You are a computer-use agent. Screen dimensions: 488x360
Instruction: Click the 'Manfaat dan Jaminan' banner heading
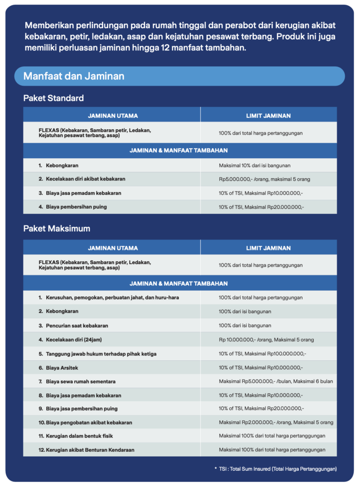click(x=74, y=76)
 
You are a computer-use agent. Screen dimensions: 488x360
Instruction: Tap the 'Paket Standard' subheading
click(x=53, y=98)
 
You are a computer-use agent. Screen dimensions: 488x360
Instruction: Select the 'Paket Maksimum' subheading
click(x=57, y=229)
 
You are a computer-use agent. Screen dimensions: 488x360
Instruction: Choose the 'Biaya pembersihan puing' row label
click(x=76, y=207)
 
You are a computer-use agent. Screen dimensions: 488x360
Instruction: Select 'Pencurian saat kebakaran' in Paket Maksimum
click(x=77, y=325)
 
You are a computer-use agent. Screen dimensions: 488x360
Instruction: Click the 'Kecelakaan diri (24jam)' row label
click(x=75, y=340)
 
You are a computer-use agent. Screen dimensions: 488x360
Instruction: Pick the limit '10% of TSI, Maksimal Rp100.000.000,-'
click(x=262, y=354)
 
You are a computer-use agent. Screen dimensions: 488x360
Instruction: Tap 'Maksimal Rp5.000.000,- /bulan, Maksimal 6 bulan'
click(x=276, y=381)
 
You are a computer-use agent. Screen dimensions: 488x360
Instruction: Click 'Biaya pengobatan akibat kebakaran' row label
click(x=89, y=423)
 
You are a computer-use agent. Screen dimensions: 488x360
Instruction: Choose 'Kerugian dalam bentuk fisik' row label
click(x=79, y=436)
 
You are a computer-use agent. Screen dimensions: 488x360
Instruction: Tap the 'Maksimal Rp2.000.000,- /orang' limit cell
click(x=276, y=423)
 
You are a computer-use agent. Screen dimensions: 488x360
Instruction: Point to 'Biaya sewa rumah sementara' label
click(x=81, y=381)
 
